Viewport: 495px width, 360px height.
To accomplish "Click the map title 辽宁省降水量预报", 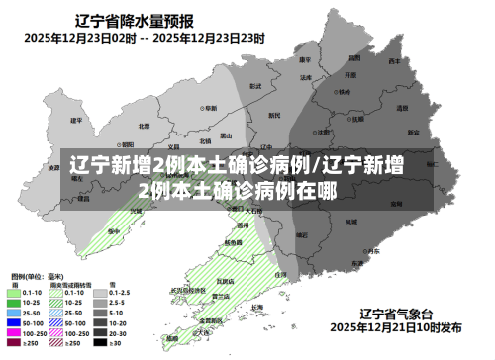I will coord(138,20).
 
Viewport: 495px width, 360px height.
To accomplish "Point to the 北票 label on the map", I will coord(145,126).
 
